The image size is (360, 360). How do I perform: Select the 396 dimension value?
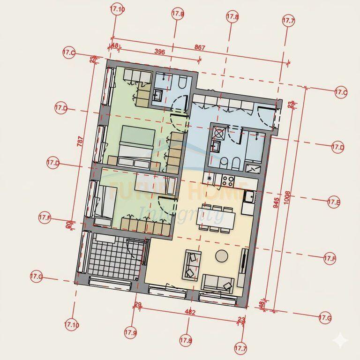pyautogui.click(x=159, y=52)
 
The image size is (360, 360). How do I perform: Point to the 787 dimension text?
pyautogui.click(x=80, y=141)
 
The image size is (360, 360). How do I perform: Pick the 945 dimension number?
pyautogui.click(x=277, y=202)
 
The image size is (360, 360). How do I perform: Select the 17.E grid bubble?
pyautogui.click(x=333, y=202)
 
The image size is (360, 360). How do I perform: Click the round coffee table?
pyautogui.click(x=222, y=256)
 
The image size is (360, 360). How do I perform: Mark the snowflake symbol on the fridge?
pyautogui.click(x=210, y=178)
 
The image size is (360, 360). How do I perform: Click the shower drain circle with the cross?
pyautogui.click(x=218, y=133)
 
